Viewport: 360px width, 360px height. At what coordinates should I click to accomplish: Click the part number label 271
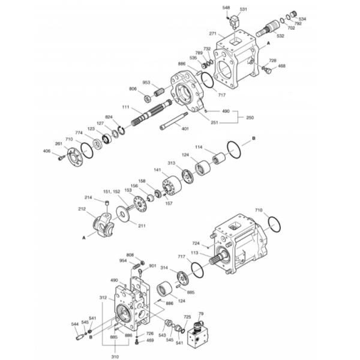[212, 34]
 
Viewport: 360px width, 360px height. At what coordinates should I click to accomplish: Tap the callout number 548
[226, 7]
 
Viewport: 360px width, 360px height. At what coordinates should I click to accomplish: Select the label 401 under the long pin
[185, 128]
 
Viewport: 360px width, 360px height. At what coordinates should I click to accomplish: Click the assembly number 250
[250, 117]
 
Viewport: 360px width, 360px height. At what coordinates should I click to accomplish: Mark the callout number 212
[82, 209]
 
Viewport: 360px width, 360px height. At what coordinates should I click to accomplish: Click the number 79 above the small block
[201, 314]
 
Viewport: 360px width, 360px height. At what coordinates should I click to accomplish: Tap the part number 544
[74, 325]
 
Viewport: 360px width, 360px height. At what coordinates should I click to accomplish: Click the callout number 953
[146, 82]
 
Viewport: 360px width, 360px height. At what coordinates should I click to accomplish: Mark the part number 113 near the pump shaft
[194, 253]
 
